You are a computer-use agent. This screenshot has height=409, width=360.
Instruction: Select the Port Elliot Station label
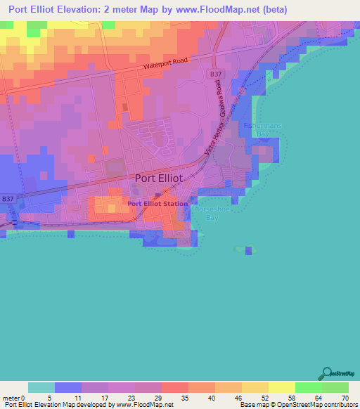(x=157, y=204)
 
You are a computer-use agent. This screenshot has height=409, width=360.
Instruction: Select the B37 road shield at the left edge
(x=7, y=199)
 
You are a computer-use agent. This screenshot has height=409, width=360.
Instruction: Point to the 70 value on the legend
(x=345, y=397)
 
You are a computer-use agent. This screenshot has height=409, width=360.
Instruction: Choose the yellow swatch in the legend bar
(x=281, y=387)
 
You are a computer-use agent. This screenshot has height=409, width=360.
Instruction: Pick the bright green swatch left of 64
(x=308, y=387)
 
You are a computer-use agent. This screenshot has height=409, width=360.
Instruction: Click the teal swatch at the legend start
(x=41, y=387)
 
